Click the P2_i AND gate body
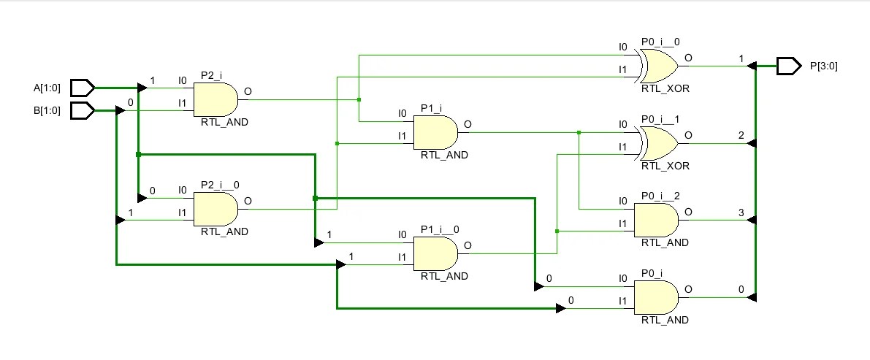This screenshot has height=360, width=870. tap(215, 99)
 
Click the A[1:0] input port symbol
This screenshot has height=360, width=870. tap(83, 88)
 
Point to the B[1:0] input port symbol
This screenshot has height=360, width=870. tap(83, 110)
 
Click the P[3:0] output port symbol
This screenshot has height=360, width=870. tap(788, 66)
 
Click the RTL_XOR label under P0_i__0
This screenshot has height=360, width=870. tap(665, 88)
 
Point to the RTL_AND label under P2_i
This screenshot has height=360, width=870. tap(224, 122)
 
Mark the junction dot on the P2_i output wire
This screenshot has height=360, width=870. tap(359, 99)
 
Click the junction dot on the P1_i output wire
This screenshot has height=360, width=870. tap(579, 132)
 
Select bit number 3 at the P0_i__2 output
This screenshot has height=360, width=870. tap(741, 213)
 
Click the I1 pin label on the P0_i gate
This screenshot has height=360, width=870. tap(622, 301)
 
